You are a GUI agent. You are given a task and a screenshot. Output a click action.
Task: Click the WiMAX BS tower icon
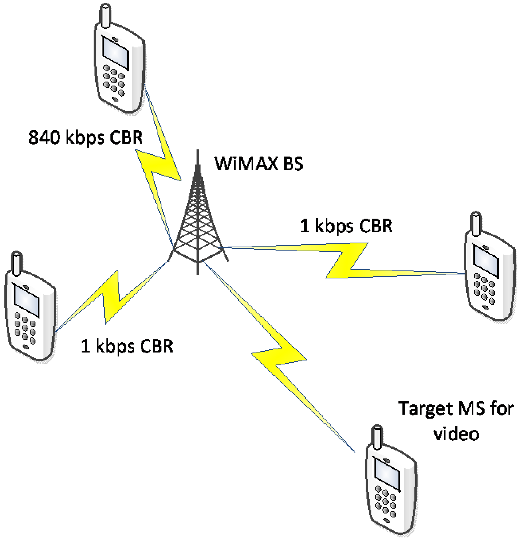coord(198,221)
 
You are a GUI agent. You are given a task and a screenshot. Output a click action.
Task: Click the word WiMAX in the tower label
coord(245,164)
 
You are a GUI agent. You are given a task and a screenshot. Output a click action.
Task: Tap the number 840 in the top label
coord(44,137)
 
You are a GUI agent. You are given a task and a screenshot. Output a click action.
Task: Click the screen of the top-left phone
coord(115,53)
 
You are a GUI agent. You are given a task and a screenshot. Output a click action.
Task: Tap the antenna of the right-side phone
coord(476,224)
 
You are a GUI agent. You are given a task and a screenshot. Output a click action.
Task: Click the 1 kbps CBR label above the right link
coord(346,226)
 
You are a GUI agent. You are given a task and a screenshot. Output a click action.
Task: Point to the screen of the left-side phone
coord(27,300)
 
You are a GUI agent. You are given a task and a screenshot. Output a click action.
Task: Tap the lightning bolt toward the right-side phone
coord(346,260)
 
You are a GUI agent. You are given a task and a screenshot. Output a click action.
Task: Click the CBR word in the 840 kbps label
coord(126,137)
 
